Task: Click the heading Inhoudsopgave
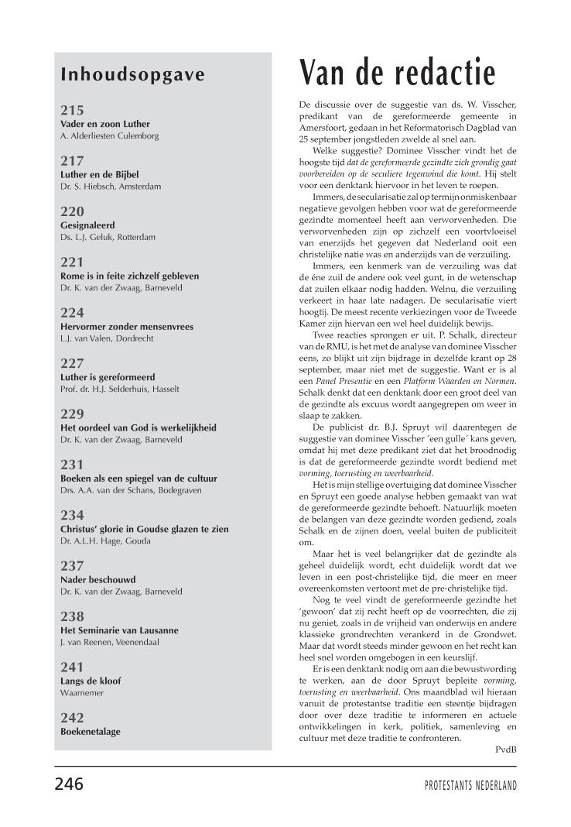(132, 75)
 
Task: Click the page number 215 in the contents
(72, 110)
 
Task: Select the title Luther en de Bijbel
(99, 174)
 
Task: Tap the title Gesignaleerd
(87, 225)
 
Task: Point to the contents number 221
(72, 262)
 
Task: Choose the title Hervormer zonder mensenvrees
(127, 326)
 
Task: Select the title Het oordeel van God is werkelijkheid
(138, 427)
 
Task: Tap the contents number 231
(72, 465)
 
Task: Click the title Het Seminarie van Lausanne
(119, 630)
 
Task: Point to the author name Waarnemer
(82, 692)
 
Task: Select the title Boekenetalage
(91, 731)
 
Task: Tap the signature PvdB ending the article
(505, 749)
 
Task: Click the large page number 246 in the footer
(69, 784)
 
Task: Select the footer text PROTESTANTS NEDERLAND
(470, 785)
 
